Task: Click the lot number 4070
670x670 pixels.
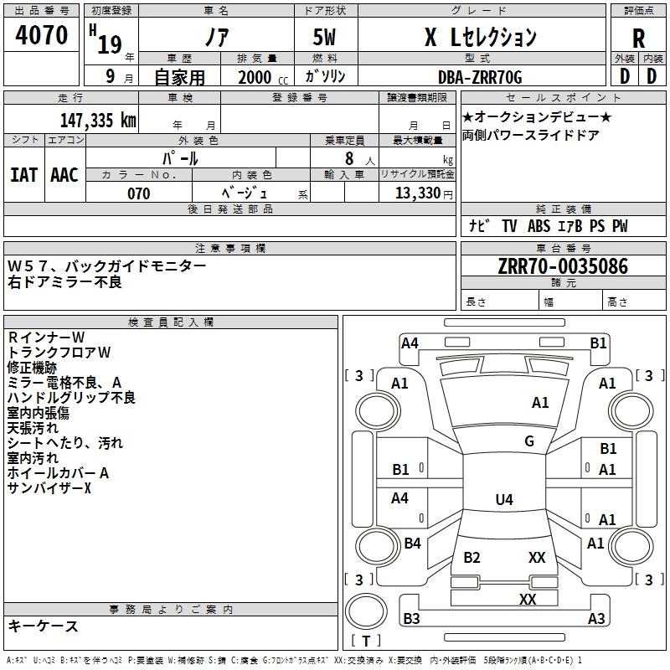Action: [42, 35]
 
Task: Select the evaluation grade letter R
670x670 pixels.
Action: [638, 38]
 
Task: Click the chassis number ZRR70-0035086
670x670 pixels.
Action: [563, 266]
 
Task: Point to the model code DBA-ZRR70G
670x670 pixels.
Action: [480, 77]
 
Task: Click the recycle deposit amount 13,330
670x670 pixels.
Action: [417, 193]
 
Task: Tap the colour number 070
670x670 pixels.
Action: [138, 193]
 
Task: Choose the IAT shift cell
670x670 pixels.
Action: [24, 174]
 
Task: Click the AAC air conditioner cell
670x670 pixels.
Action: [64, 174]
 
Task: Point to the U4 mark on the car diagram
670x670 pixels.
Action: [503, 500]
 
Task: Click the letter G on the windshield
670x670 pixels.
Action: [529, 441]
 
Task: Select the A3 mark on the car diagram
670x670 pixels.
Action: [595, 619]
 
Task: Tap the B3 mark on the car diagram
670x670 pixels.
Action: [411, 619]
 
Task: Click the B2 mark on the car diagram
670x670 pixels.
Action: [472, 558]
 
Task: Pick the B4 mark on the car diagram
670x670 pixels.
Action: [412, 544]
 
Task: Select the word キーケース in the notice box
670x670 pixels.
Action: [43, 626]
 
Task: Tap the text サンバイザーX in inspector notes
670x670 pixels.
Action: [49, 488]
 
